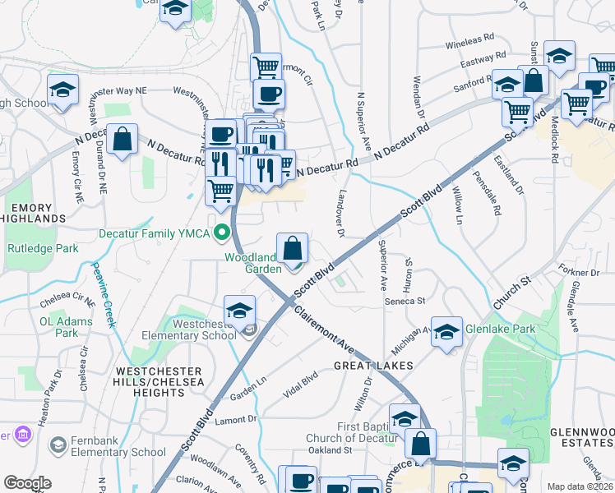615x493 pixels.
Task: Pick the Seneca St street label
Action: point(405,301)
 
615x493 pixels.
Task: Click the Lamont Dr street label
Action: point(236,420)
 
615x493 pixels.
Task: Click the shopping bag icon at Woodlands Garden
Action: point(292,246)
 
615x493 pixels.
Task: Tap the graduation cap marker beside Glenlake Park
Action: point(446,332)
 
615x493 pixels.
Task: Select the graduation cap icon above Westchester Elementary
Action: point(239,311)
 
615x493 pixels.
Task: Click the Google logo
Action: point(27,483)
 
